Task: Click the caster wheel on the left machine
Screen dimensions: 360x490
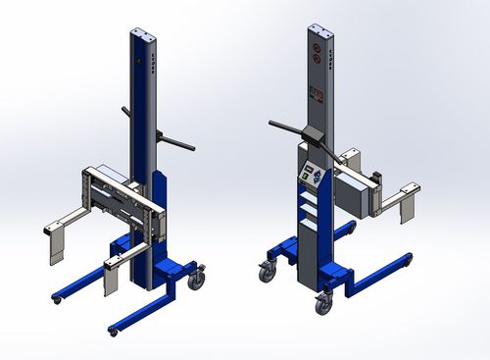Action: click(197, 280)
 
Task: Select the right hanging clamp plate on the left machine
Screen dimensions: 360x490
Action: click(112, 280)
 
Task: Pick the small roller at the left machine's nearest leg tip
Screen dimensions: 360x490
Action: click(113, 332)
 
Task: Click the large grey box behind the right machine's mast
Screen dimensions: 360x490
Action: click(359, 190)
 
